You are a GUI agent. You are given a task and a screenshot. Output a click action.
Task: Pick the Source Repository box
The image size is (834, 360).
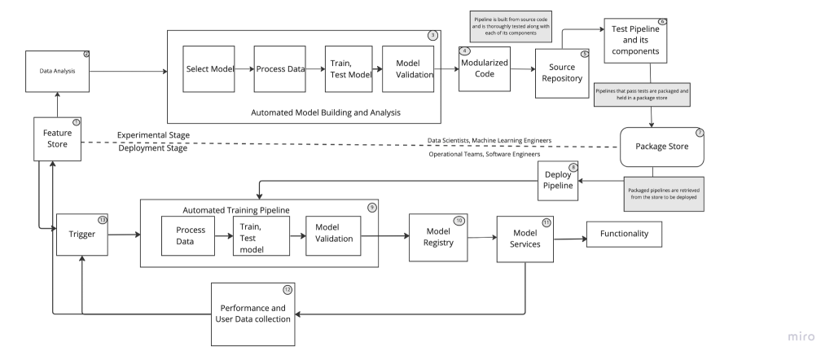563,73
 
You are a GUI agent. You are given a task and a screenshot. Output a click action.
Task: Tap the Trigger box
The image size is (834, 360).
81,235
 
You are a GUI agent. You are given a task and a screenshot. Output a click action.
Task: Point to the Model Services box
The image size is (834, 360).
525,239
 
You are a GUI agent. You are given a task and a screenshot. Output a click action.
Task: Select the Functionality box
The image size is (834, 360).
624,235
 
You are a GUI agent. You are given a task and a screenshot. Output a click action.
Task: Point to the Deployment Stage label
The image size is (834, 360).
152,148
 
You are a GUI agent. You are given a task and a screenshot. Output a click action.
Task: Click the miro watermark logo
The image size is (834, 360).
806,336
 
